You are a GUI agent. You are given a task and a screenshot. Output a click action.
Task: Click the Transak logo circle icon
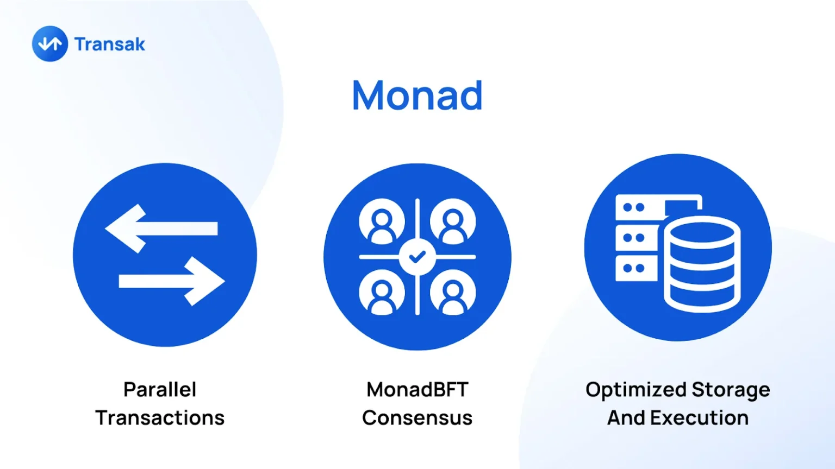click(x=50, y=43)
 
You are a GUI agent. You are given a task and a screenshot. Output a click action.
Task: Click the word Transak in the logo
click(x=110, y=45)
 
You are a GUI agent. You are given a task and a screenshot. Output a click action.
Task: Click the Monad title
click(x=417, y=96)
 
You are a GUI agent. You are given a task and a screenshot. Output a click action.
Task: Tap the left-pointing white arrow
click(x=161, y=228)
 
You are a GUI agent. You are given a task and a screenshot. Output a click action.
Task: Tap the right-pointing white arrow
click(x=172, y=281)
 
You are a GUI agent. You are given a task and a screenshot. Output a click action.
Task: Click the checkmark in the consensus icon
click(x=417, y=257)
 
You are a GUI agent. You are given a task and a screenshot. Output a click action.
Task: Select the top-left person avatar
click(x=382, y=221)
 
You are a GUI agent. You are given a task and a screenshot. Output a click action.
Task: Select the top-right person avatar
click(x=452, y=221)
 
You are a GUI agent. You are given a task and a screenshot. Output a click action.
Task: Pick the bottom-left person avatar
click(x=382, y=292)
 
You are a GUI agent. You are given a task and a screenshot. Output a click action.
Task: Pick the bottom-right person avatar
click(x=452, y=292)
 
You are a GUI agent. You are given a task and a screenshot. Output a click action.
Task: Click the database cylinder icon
click(x=702, y=264)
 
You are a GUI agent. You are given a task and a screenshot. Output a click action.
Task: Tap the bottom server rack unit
click(x=637, y=268)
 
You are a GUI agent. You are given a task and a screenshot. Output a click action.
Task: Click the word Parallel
click(x=160, y=390)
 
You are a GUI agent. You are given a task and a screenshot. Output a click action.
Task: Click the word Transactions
click(x=160, y=417)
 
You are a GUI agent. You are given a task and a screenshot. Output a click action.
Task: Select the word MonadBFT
click(x=417, y=390)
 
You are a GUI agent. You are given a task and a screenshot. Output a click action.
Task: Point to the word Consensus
click(x=417, y=417)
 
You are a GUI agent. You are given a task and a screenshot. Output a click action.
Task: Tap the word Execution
click(x=700, y=417)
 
